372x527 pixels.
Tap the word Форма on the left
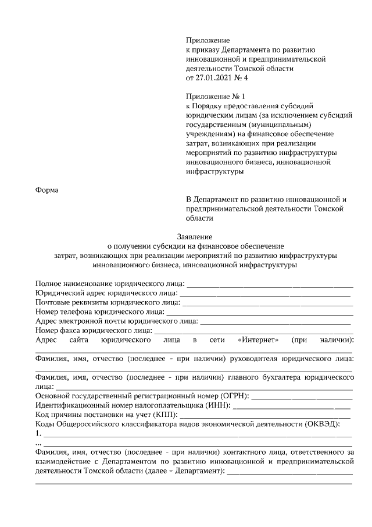pyautogui.click(x=48, y=190)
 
